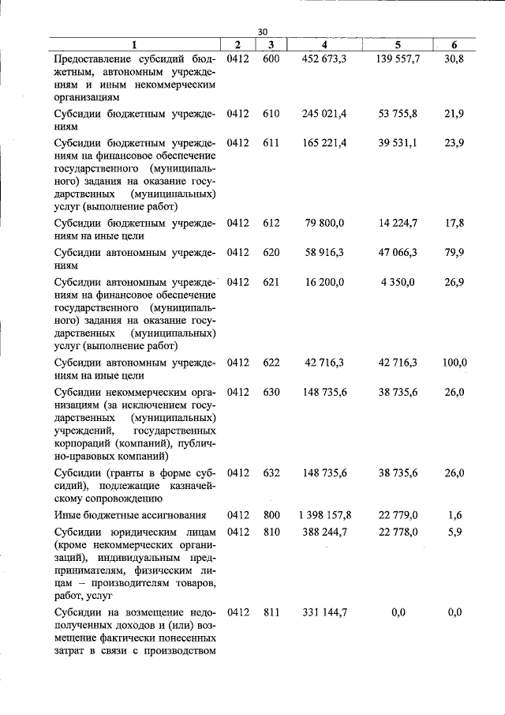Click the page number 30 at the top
(263, 32)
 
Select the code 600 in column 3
(271, 59)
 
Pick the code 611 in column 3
(271, 142)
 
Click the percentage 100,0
(454, 363)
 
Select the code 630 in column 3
(271, 391)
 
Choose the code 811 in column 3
(271, 612)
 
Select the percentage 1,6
(454, 515)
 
